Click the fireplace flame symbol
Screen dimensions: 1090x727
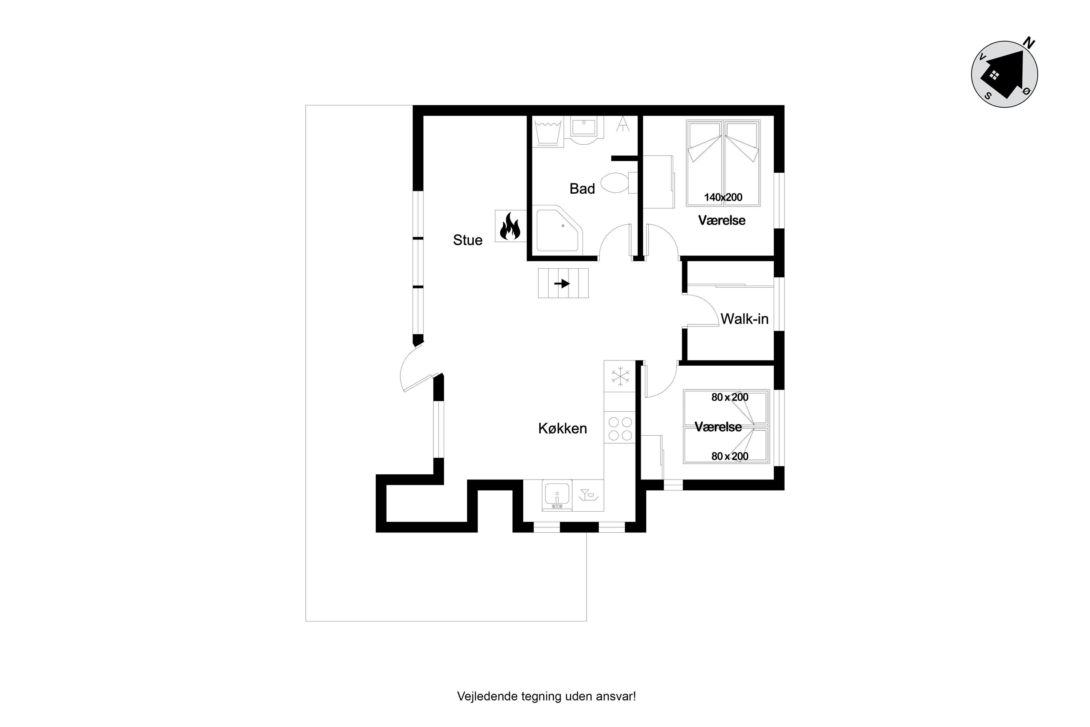click(x=510, y=226)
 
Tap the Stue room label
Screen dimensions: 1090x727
click(x=468, y=240)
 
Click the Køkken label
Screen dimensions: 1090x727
click(x=563, y=428)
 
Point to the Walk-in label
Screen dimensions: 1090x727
click(x=744, y=319)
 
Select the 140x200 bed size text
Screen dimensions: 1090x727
click(x=723, y=198)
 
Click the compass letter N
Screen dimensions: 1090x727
click(x=1028, y=44)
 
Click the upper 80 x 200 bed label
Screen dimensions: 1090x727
click(x=730, y=397)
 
